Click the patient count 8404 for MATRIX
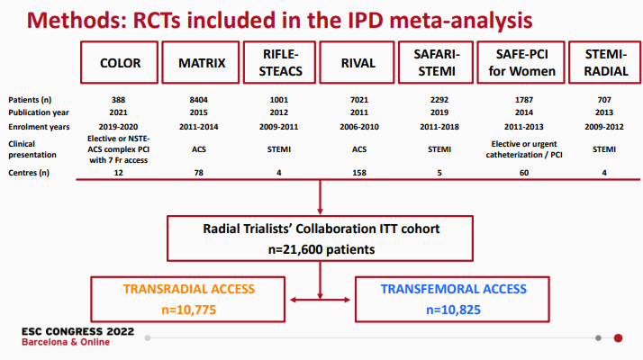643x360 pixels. coord(198,100)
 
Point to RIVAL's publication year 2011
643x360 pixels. coord(359,112)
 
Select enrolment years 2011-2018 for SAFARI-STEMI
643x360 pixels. coord(439,127)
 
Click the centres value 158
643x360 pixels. coord(359,173)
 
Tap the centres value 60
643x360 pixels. coord(524,173)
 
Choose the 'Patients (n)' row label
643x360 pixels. coord(30,100)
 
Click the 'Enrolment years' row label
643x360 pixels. coord(39,127)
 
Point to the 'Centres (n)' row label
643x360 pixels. coord(29,173)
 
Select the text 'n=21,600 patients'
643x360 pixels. coord(321,249)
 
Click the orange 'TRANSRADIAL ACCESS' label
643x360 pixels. coord(188,289)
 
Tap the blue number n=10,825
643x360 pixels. coord(453,310)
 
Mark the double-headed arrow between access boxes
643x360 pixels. coord(320,300)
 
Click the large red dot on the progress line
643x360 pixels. coord(618,338)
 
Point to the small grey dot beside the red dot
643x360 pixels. coord(598,338)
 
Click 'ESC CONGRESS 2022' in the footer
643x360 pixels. coord(78,331)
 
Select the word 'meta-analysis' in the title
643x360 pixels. coord(460,20)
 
